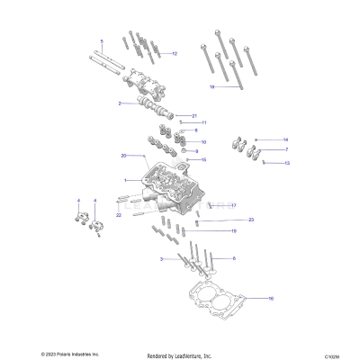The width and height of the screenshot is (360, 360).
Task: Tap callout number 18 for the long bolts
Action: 211,87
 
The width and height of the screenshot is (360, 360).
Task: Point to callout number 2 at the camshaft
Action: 119,103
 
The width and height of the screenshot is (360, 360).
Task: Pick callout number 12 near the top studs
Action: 175,54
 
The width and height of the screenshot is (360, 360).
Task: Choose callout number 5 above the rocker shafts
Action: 102,40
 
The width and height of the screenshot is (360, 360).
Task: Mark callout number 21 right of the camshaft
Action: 193,115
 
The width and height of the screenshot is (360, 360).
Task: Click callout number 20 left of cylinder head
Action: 122,156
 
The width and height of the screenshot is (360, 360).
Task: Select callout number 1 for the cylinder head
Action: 125,182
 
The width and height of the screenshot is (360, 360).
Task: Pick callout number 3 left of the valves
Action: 163,259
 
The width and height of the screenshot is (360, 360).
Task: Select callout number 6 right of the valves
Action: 234,258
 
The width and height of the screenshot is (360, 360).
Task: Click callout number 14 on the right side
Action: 285,139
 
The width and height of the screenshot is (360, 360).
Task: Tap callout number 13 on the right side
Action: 287,164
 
